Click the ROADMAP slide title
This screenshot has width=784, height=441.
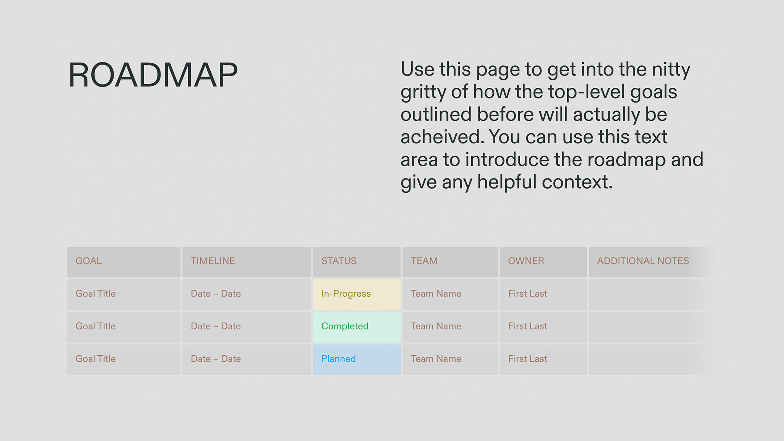[x=153, y=75]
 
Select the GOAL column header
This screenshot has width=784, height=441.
[x=89, y=261]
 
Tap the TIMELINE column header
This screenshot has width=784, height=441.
[x=213, y=261]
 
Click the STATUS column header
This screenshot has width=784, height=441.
[x=339, y=261]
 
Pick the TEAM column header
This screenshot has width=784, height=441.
[x=424, y=261]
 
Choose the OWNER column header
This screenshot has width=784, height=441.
[x=526, y=261]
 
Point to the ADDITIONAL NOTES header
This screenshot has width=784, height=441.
[x=643, y=261]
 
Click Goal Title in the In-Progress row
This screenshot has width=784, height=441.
[x=96, y=294]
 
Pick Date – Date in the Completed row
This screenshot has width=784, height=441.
[x=216, y=326]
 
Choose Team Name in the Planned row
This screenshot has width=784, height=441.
[x=436, y=359]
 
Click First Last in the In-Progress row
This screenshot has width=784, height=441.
[x=528, y=294]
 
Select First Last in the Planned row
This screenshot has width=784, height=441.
[x=528, y=359]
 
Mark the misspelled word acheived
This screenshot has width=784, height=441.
[x=442, y=137]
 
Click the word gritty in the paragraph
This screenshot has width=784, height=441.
[x=423, y=92]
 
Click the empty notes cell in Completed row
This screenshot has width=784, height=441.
[x=649, y=327]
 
